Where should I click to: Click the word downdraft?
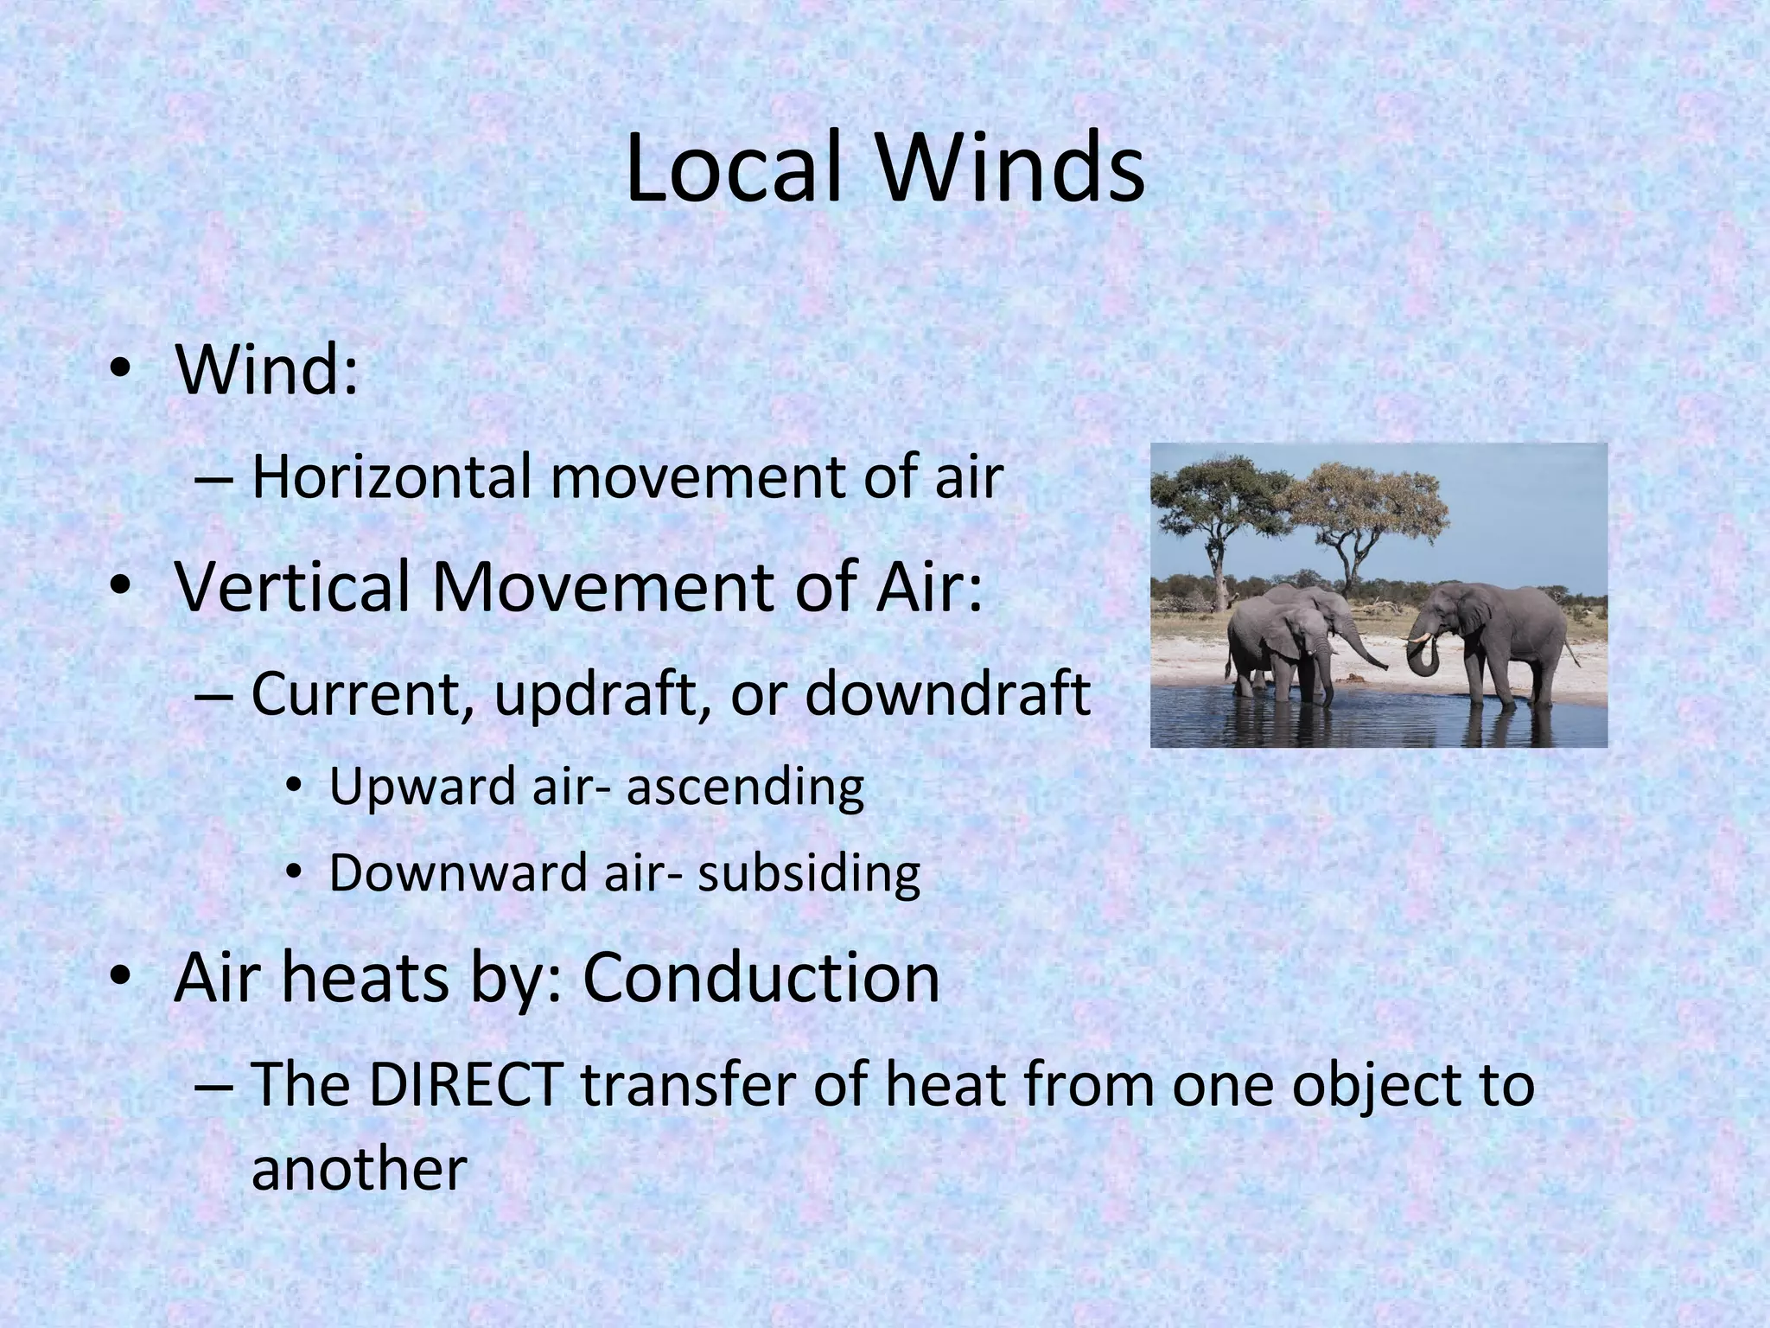pos(947,693)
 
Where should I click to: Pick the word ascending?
pos(745,787)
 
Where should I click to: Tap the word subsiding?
pos(809,873)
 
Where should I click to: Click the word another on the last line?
pos(359,1169)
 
